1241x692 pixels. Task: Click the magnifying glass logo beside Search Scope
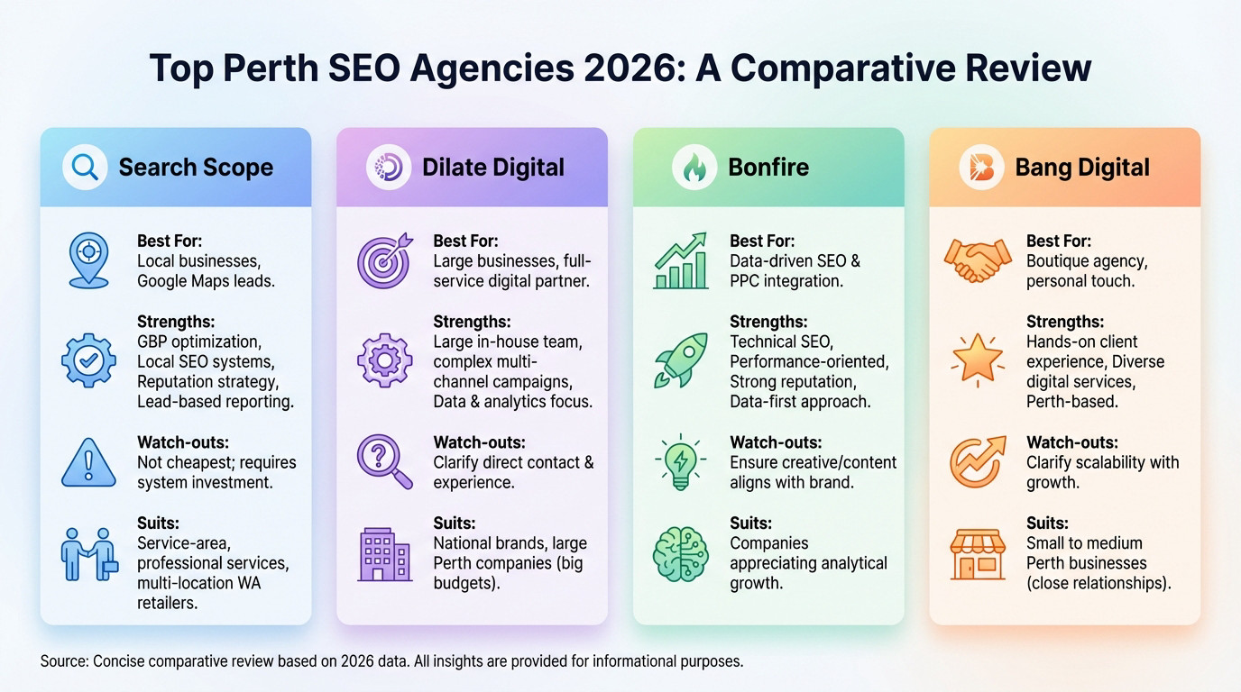pyautogui.click(x=85, y=168)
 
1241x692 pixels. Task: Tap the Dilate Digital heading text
pyautogui.click(x=493, y=168)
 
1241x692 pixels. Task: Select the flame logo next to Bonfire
pyautogui.click(x=694, y=168)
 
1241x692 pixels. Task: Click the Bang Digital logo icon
pyautogui.click(x=981, y=168)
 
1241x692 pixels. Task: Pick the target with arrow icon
pyautogui.click(x=385, y=261)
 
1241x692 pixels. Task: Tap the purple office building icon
pyautogui.click(x=385, y=553)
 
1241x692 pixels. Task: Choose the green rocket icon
pyautogui.click(x=681, y=361)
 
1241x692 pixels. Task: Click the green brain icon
pyautogui.click(x=681, y=553)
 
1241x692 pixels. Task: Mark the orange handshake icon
pyautogui.click(x=978, y=261)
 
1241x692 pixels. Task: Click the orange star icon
pyautogui.click(x=978, y=360)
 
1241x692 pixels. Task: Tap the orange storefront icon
pyautogui.click(x=978, y=553)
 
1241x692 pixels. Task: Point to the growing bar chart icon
pyautogui.click(x=681, y=261)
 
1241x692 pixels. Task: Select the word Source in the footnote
pyautogui.click(x=64, y=661)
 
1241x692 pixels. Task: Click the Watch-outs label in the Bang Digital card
pyautogui.click(x=1071, y=442)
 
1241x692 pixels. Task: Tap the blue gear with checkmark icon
pyautogui.click(x=88, y=360)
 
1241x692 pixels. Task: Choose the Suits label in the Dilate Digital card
pyautogui.click(x=454, y=524)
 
